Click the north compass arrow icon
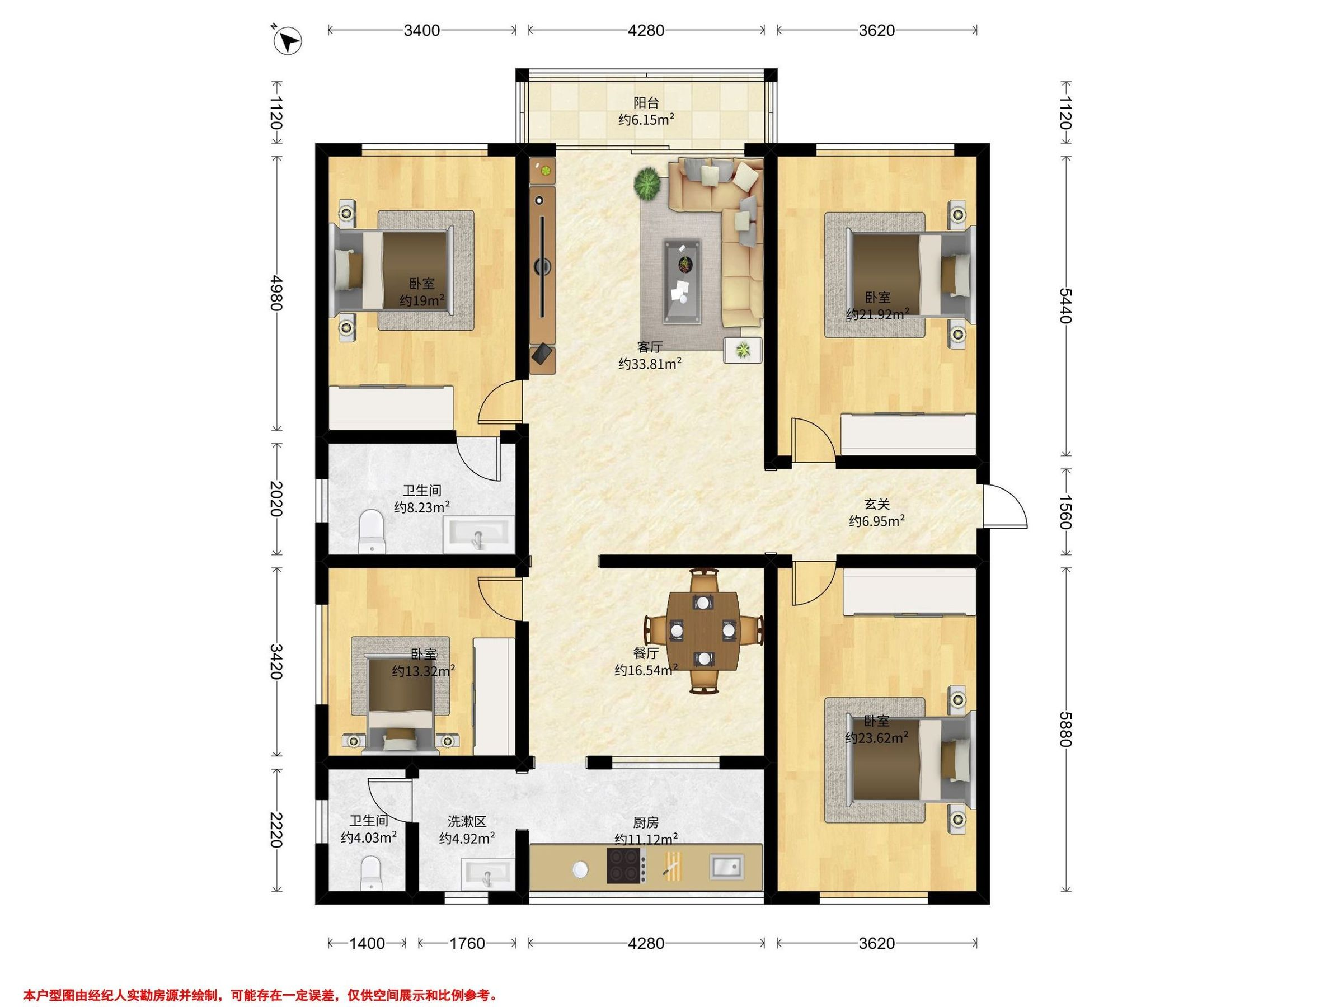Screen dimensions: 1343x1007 [288, 42]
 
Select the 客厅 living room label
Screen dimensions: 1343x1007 [649, 347]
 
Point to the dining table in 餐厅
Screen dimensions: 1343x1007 [702, 630]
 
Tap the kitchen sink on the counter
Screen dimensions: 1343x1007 [727, 867]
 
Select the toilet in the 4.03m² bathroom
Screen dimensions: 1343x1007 [371, 873]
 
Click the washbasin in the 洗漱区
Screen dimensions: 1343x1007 [487, 872]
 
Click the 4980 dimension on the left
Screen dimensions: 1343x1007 [276, 293]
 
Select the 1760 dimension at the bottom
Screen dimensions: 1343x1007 [467, 943]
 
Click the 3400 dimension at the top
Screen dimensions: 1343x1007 [422, 30]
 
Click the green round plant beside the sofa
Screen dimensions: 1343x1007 [648, 183]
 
